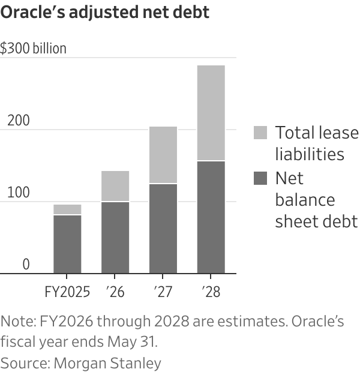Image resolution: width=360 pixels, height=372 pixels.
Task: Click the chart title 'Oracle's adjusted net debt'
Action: coord(105,13)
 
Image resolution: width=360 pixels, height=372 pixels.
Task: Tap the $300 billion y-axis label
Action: coord(34,49)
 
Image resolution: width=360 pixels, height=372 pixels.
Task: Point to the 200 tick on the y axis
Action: coord(18,121)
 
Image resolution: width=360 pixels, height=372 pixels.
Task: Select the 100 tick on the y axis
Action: coord(18,193)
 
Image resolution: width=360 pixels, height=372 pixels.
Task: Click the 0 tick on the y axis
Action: coord(26,265)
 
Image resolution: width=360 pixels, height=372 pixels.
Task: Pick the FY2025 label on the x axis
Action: coord(67,292)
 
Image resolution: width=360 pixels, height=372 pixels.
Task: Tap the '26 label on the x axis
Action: coord(115,292)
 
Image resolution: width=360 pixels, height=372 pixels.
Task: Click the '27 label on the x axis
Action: coord(163,292)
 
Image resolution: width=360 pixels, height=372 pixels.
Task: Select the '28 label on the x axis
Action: coord(211,292)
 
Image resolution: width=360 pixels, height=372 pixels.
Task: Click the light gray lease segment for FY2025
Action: coord(67,209)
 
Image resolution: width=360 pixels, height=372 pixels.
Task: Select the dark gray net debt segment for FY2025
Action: coord(67,244)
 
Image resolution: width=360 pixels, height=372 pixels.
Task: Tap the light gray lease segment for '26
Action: coord(115,186)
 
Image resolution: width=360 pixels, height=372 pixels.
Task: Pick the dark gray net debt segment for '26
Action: coord(115,238)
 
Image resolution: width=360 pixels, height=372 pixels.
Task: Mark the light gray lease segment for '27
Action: coord(163,155)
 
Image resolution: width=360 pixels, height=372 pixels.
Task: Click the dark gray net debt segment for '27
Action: coord(163,229)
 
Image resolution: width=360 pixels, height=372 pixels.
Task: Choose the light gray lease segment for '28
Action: coord(211,113)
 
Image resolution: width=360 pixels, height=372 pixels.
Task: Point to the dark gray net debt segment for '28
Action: coord(211,217)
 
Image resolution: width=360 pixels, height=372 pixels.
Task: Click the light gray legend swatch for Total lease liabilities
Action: coord(260,133)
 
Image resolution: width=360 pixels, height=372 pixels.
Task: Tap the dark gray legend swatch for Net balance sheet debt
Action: coord(260,179)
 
